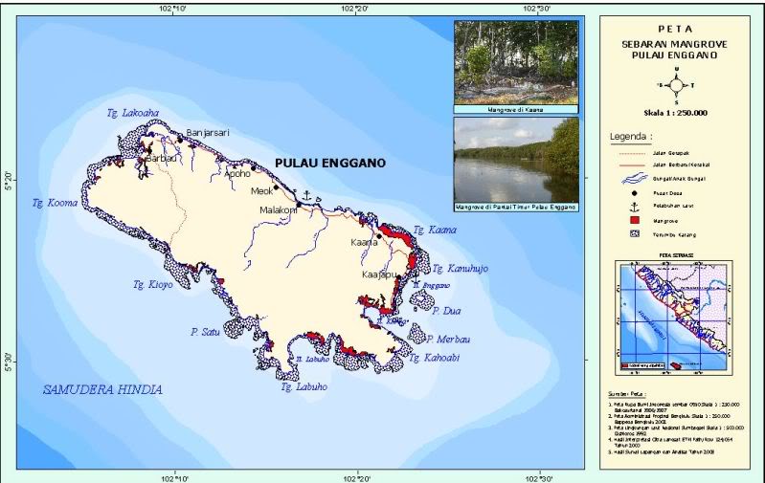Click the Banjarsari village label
coord(208,132)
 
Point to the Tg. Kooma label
coord(54,203)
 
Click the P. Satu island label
coord(205,332)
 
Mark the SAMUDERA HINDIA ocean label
coord(103,390)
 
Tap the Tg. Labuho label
coord(304,387)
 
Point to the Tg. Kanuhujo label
coord(461,269)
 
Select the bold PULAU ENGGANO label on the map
coord(329,164)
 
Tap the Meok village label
coord(261,191)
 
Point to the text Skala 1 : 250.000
coord(676,112)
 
